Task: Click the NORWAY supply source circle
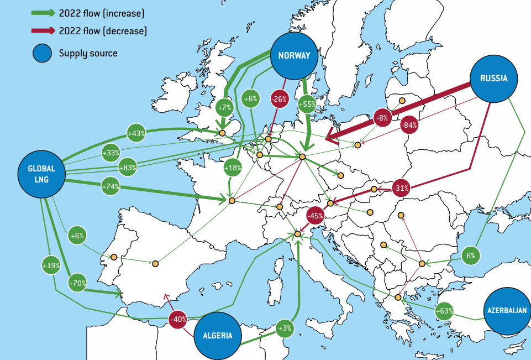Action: click(x=294, y=55)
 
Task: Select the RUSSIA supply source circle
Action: click(x=493, y=79)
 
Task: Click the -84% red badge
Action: click(x=409, y=125)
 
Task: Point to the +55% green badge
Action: click(x=307, y=103)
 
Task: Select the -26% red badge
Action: click(x=279, y=100)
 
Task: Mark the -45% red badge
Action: click(x=316, y=216)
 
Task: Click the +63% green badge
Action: click(x=444, y=311)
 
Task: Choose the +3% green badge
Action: click(x=285, y=328)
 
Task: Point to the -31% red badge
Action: click(x=401, y=189)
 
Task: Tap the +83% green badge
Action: click(x=127, y=168)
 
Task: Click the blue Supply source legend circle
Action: click(x=42, y=54)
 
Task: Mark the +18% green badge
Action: click(x=233, y=167)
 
